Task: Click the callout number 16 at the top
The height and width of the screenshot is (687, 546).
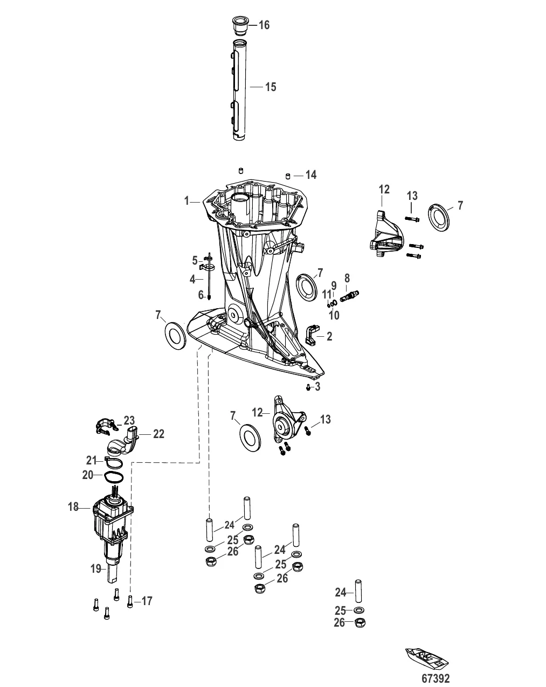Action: (x=264, y=25)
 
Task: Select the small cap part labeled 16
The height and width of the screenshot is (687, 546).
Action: (x=238, y=24)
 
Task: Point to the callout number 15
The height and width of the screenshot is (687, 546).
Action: (x=270, y=87)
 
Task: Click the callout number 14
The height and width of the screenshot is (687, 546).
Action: (x=310, y=175)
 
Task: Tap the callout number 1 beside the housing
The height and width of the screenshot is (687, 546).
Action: (x=186, y=201)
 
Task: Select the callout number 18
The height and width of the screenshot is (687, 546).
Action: (x=73, y=507)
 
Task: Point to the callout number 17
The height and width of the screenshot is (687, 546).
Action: (x=147, y=601)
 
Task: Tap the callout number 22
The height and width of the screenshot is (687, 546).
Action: (x=158, y=434)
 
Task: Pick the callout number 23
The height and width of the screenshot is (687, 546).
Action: (x=129, y=420)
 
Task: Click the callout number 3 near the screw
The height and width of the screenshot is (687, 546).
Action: (x=317, y=386)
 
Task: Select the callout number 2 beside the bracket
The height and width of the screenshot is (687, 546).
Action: (x=329, y=337)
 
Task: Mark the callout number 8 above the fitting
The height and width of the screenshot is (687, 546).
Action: (x=347, y=278)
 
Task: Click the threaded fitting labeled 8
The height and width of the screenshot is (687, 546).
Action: (x=349, y=294)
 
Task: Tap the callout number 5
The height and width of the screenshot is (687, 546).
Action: (x=195, y=260)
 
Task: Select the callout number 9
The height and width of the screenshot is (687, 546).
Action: (x=334, y=285)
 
